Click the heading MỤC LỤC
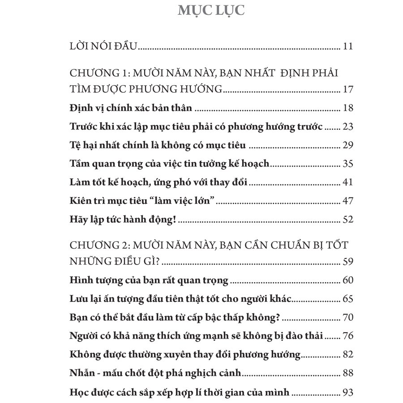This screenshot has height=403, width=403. [x=211, y=10]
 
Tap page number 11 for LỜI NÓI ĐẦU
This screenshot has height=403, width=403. [x=347, y=46]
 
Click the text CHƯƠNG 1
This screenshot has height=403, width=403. [x=94, y=73]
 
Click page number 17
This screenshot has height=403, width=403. [x=347, y=90]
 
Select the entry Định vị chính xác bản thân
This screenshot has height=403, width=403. [x=132, y=108]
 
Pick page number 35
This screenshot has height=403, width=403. [x=347, y=163]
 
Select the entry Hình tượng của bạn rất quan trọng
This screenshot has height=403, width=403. [x=150, y=281]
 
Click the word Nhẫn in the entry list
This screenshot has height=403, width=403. [x=82, y=373]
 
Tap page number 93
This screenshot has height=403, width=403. [x=347, y=393]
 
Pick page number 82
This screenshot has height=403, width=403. [x=347, y=355]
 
